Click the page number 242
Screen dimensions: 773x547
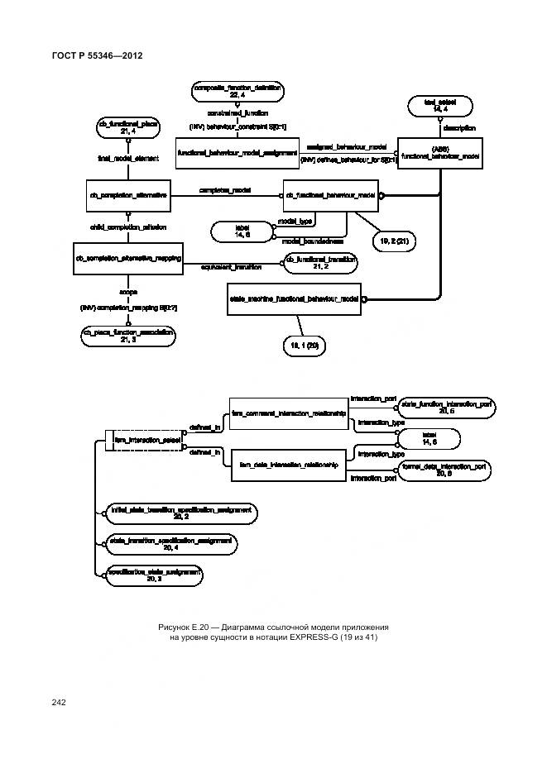point(58,702)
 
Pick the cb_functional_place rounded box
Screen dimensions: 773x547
point(128,126)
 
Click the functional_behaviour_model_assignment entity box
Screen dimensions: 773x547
point(237,153)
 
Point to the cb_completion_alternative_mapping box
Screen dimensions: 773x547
point(128,259)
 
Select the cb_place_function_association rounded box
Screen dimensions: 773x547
point(128,335)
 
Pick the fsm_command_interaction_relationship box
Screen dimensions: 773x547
point(287,412)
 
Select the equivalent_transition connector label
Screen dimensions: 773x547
point(232,267)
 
